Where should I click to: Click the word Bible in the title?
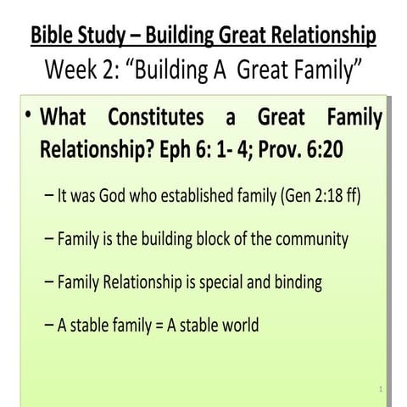(x=51, y=36)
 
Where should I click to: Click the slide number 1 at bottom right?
(x=382, y=389)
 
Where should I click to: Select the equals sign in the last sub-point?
(x=159, y=325)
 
